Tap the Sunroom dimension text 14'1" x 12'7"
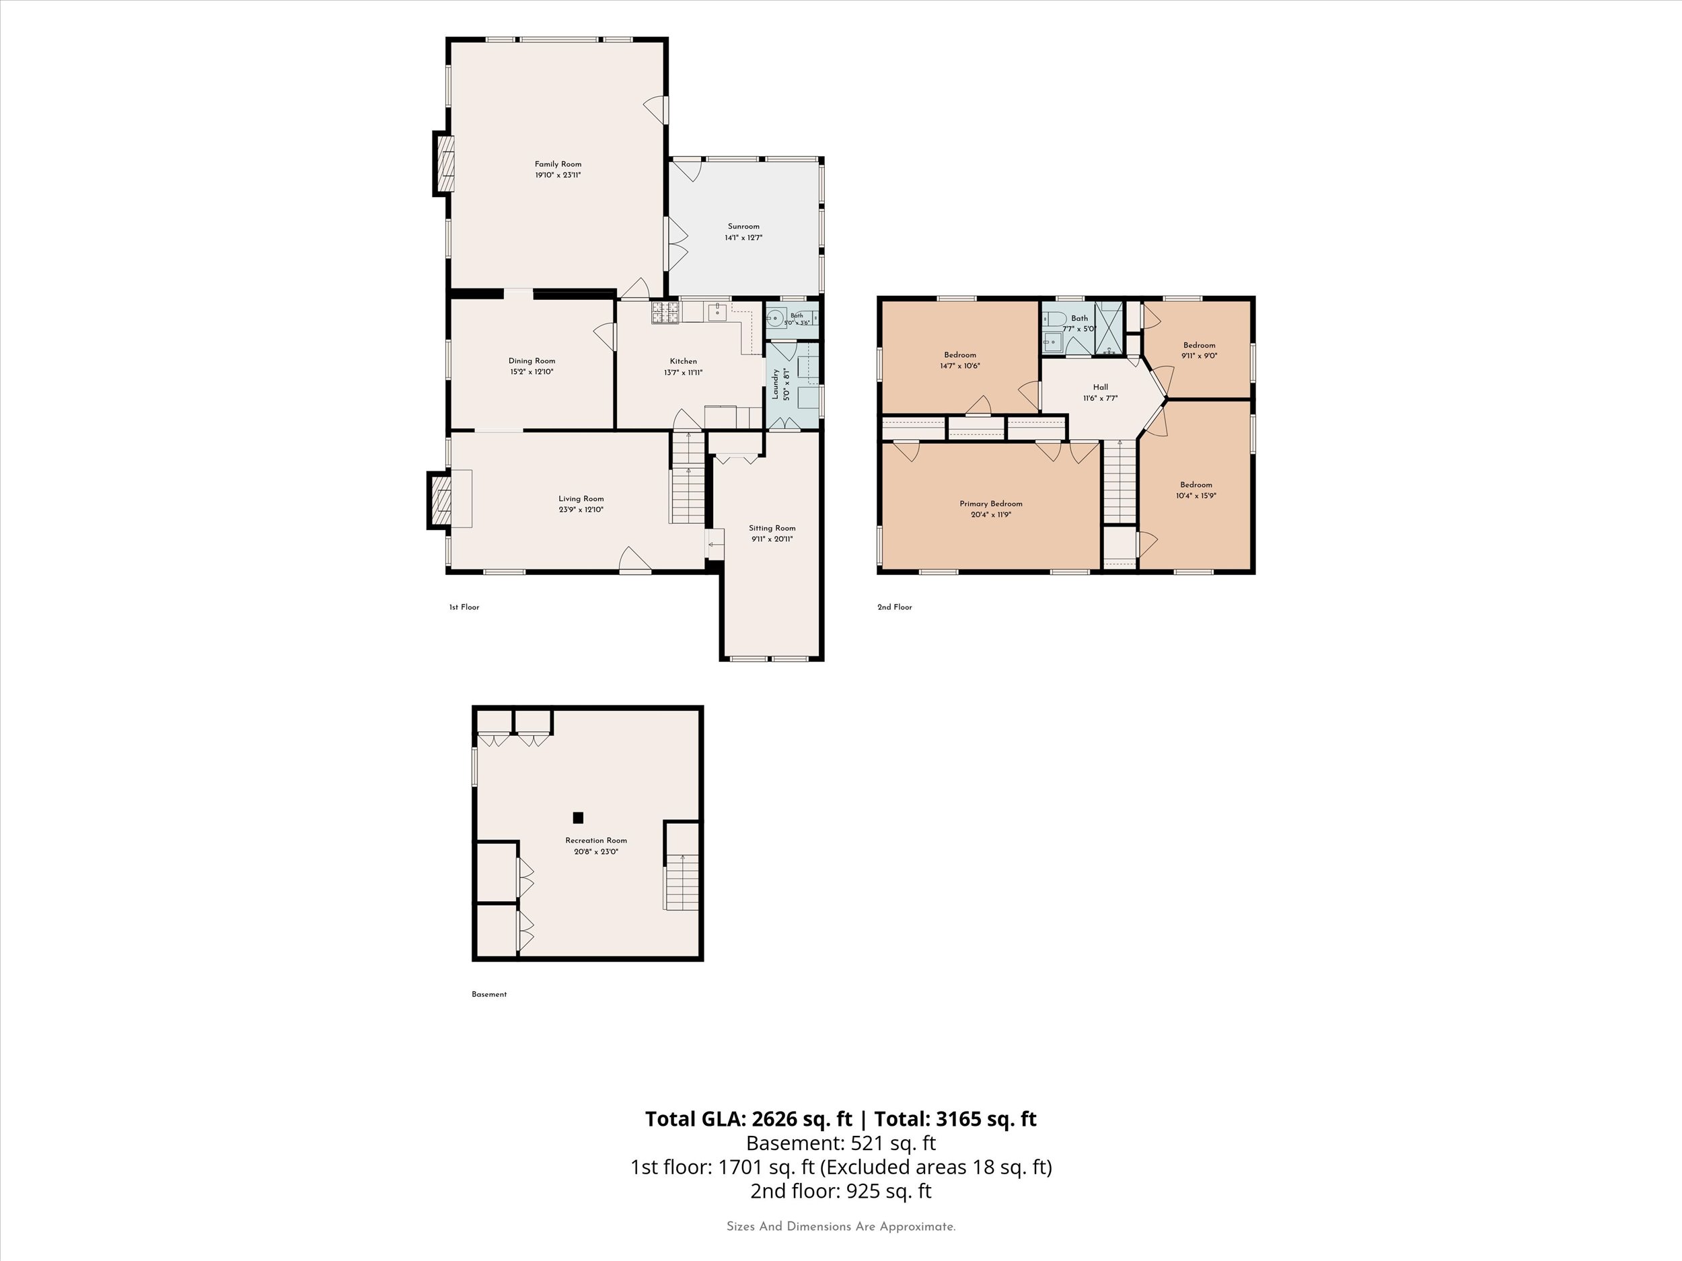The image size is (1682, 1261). point(743,238)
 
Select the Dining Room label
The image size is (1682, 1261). point(532,361)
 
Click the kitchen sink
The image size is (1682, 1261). point(717,311)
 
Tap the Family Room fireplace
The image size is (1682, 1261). point(444,163)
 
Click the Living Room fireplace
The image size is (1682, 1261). point(439,500)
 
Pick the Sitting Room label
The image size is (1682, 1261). point(772,528)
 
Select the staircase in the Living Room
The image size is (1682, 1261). point(688,477)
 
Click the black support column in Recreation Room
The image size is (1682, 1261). point(578,818)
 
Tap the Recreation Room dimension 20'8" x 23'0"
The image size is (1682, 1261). point(596,852)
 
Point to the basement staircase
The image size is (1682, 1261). point(682,882)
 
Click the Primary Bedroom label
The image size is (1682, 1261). point(991,504)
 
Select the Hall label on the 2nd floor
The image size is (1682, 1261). point(1100,387)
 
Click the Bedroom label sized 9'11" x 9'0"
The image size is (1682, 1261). point(1199,345)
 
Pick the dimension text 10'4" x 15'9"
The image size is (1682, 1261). point(1196,496)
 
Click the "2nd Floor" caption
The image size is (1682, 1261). point(895,607)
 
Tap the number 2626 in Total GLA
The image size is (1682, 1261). point(776,1119)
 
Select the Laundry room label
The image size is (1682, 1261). point(776,384)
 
